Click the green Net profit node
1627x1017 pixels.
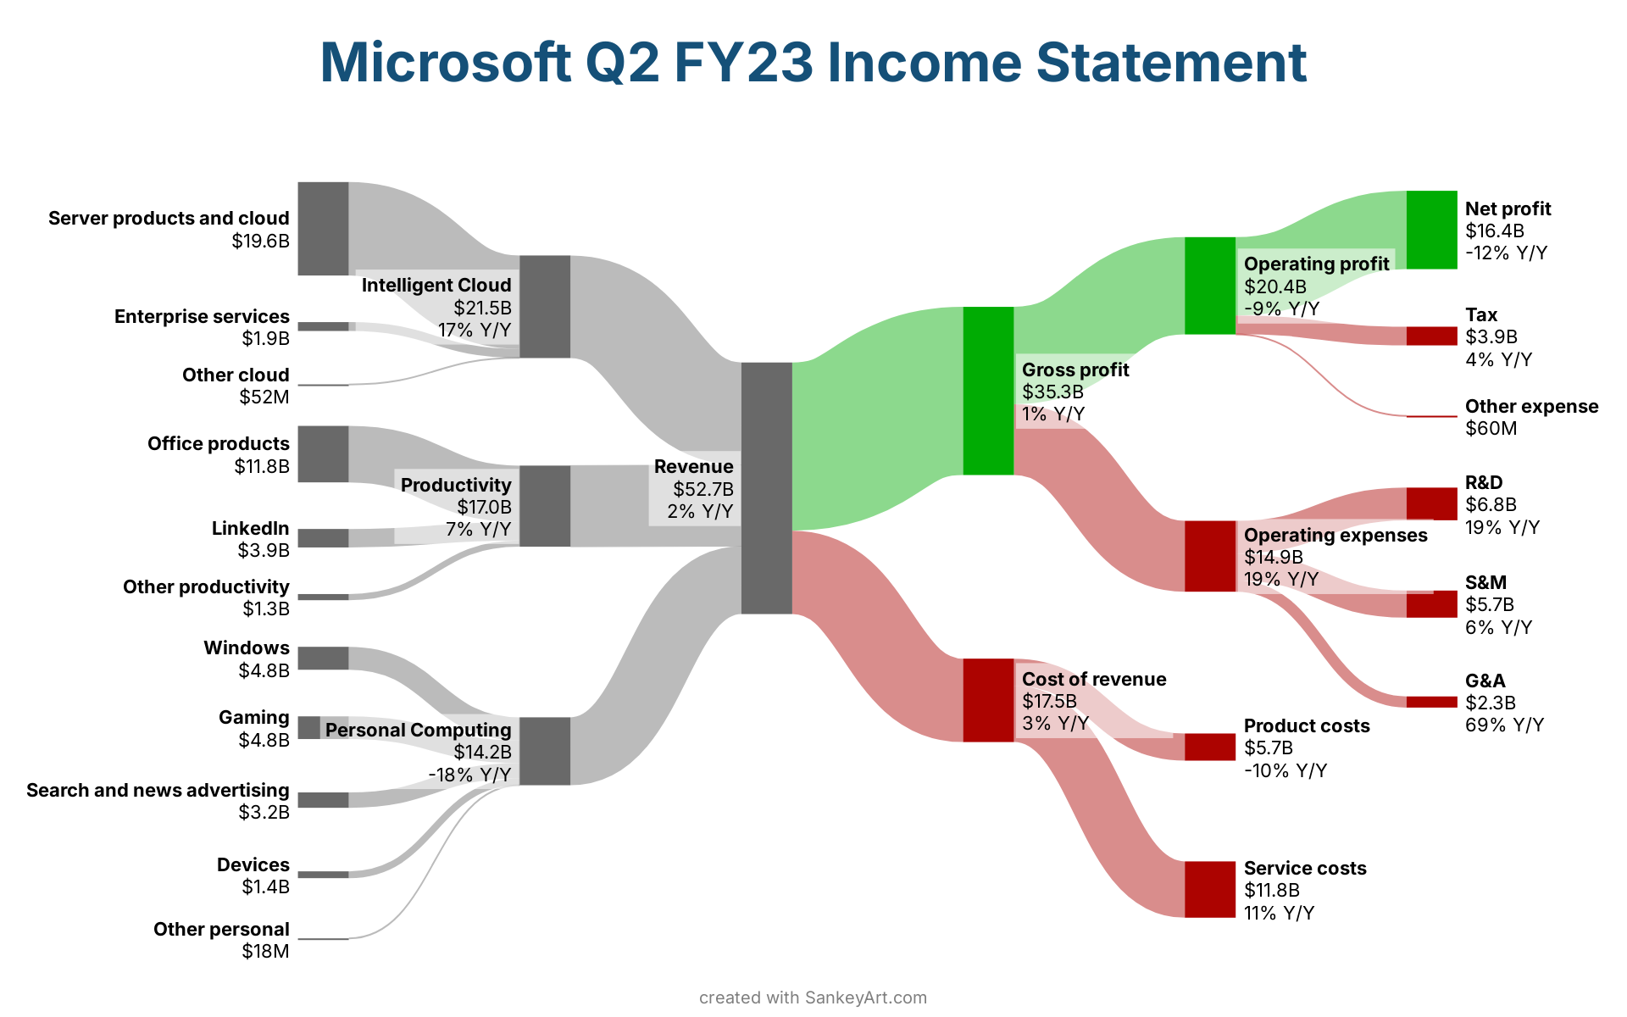click(1432, 230)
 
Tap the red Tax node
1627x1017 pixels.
click(1432, 336)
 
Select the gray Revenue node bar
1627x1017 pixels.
click(767, 488)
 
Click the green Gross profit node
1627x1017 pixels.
click(989, 391)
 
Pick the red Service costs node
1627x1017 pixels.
click(1210, 889)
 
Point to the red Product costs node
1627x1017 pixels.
click(1210, 747)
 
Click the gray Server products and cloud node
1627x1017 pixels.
click(323, 228)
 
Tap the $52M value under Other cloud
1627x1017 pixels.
click(264, 397)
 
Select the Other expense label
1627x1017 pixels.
click(1532, 406)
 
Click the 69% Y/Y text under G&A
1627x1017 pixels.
click(1505, 725)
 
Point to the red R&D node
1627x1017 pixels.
click(1432, 503)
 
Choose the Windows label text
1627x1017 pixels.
click(247, 647)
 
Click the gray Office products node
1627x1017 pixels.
click(323, 454)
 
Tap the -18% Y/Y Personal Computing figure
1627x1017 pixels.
click(469, 775)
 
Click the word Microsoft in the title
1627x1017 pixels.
click(446, 62)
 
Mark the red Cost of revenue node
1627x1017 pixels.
click(989, 700)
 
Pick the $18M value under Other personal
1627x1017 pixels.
click(265, 951)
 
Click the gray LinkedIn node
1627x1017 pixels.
click(323, 538)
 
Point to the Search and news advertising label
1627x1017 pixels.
click(158, 790)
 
